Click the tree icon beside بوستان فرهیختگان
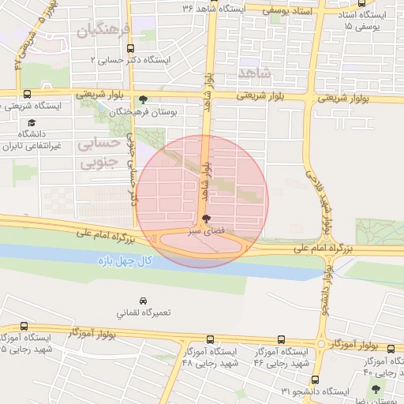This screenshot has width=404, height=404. pos(142,99)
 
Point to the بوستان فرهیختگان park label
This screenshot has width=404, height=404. pos(148,113)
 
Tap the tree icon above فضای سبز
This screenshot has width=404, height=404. pos(206,219)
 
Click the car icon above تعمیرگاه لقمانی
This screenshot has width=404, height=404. pos(143,301)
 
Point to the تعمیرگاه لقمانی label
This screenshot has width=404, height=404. pos(143,313)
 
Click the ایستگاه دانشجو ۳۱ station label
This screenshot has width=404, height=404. pos(316,392)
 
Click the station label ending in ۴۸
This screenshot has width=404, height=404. pos(208,357)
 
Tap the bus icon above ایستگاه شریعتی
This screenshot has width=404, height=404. pos(28,94)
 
